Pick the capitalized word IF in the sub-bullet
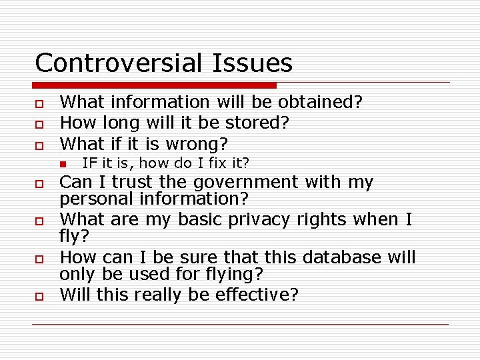point(89,163)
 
